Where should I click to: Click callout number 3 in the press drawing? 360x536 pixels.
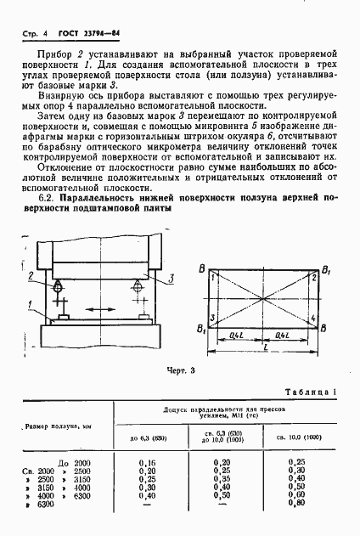(x=172, y=278)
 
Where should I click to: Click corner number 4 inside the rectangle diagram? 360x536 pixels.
(x=311, y=317)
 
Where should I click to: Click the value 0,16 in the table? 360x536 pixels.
(x=145, y=464)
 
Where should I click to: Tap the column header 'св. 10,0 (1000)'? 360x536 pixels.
(x=297, y=437)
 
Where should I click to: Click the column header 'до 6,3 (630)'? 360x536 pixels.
(x=145, y=437)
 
